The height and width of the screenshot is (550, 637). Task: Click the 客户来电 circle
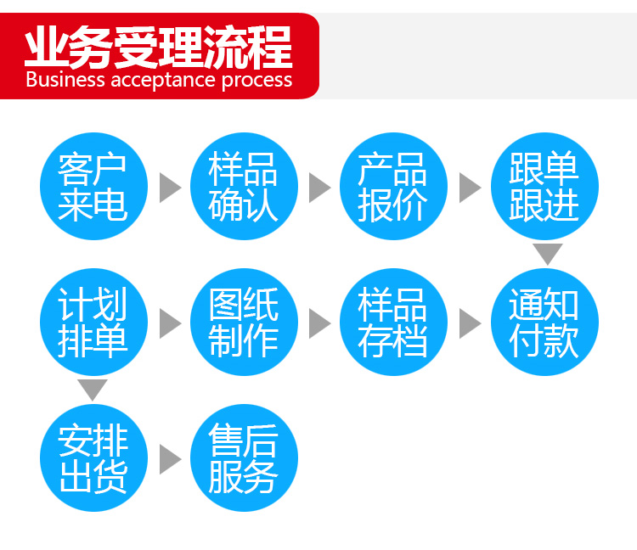(x=93, y=187)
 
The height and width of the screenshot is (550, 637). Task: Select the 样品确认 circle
(x=244, y=187)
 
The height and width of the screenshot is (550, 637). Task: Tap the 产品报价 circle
(x=393, y=187)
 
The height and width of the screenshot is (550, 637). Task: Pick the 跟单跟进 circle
(x=544, y=187)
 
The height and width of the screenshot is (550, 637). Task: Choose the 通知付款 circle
(x=544, y=322)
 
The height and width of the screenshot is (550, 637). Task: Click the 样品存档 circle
(x=393, y=322)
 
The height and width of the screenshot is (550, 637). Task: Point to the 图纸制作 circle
(x=244, y=322)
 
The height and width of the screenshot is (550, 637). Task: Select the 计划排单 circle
(x=93, y=322)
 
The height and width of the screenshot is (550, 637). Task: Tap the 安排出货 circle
(x=93, y=457)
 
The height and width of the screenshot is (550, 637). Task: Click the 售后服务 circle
(x=244, y=457)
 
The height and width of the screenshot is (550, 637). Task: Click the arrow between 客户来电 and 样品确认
(x=170, y=188)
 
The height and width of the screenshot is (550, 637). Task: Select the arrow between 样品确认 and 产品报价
(x=319, y=188)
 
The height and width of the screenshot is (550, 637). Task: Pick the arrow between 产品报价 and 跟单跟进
(x=470, y=188)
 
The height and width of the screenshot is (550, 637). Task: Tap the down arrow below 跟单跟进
(x=548, y=254)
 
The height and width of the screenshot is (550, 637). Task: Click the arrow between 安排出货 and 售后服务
(x=170, y=459)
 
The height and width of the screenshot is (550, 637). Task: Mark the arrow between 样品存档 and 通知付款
(x=470, y=323)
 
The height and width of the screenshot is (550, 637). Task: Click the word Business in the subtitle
(x=65, y=79)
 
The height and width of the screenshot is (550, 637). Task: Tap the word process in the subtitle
(x=256, y=81)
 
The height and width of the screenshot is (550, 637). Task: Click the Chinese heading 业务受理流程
(x=159, y=47)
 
